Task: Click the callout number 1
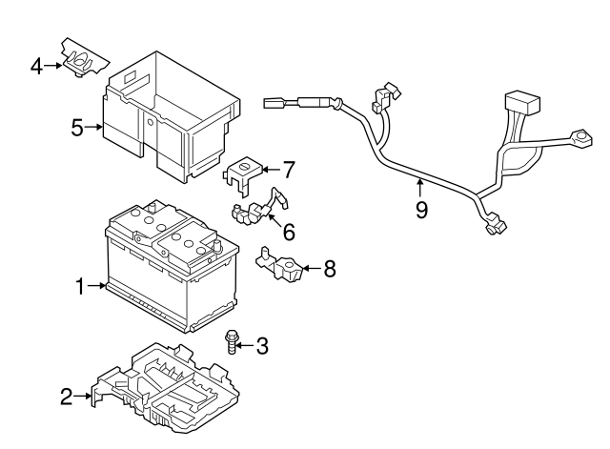(80, 285)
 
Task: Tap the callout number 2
(66, 397)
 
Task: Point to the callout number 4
(35, 67)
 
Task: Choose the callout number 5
(77, 126)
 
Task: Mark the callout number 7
(288, 171)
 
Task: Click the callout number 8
(329, 270)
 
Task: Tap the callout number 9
(421, 208)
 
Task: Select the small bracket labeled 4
(80, 59)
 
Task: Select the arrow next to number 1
(97, 285)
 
